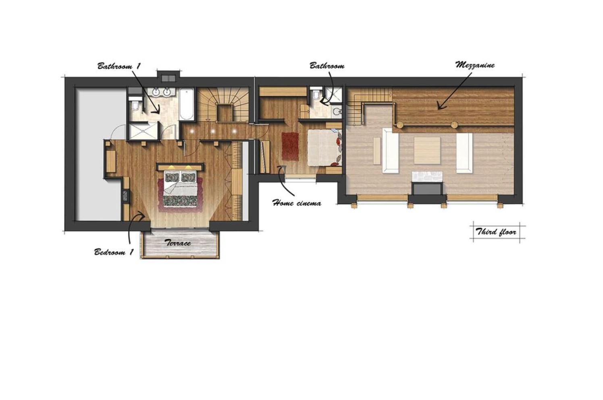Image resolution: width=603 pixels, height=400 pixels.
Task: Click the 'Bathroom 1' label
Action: coord(119,66)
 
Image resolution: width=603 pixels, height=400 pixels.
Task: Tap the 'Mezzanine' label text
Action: coord(475,65)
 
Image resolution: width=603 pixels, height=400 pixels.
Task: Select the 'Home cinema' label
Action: coord(297,203)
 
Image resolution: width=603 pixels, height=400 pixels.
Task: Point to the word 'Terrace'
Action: coord(178,243)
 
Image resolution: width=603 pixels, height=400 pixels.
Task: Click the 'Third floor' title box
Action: coord(496,232)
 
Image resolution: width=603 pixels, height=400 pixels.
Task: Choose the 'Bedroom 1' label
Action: coord(114,252)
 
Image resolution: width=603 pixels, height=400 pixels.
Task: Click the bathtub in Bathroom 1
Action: coord(186,104)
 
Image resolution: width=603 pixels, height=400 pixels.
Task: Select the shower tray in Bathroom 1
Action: coord(143,131)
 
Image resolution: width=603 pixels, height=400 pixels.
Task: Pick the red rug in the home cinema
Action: coord(290,146)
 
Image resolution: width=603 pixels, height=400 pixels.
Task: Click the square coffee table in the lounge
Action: coord(427,150)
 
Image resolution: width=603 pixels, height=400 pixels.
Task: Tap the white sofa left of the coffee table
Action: coord(390,151)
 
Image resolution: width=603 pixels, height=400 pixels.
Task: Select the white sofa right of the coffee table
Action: coord(464,153)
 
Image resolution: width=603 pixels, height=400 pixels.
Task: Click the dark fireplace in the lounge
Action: coord(427,188)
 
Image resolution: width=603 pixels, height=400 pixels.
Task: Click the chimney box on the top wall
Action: coord(168,76)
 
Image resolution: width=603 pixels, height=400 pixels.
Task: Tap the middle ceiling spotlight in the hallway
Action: coord(213,131)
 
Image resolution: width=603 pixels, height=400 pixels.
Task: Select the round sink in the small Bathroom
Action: coord(336,111)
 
